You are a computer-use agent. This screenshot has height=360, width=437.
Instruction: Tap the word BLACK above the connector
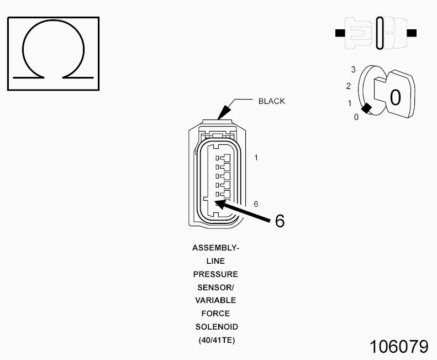coord(272,101)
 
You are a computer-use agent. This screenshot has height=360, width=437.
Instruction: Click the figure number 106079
coord(399,347)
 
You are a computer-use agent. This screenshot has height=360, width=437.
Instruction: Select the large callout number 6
coord(280,221)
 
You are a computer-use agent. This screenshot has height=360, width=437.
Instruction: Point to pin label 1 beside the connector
coord(256,158)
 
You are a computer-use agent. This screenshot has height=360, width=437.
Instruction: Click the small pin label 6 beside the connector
coord(256,204)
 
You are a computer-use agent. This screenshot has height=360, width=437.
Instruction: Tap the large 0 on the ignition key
coord(395,97)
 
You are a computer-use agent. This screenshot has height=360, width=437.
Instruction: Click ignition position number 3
coord(354,70)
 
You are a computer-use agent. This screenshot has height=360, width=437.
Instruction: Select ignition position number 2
coord(349,86)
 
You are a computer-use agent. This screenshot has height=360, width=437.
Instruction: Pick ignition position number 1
coord(350,103)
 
